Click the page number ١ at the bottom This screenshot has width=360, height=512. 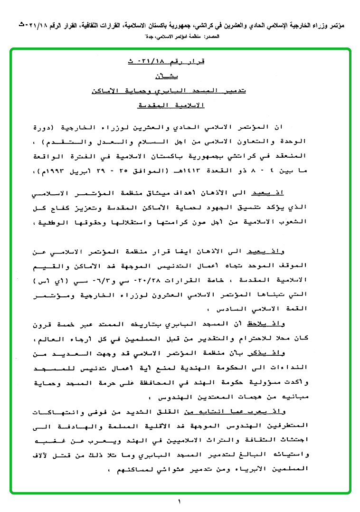click(180, 502)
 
